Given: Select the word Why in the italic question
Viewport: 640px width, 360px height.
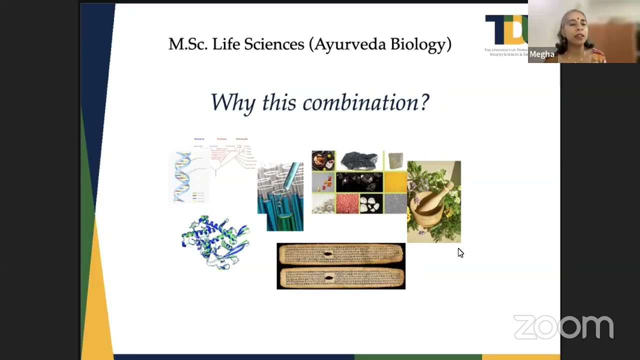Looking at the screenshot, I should pyautogui.click(x=233, y=102).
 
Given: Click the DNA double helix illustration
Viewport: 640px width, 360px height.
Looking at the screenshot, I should pyautogui.click(x=183, y=177).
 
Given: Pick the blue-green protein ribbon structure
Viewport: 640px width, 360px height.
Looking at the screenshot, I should pyautogui.click(x=215, y=243).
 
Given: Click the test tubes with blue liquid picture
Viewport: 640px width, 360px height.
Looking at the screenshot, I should pyautogui.click(x=281, y=196).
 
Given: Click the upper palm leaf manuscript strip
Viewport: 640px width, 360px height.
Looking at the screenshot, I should pyautogui.click(x=341, y=254).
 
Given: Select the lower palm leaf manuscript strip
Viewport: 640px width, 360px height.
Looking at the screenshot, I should pyautogui.click(x=341, y=277).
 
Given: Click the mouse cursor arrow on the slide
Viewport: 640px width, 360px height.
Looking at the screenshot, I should pyautogui.click(x=460, y=252).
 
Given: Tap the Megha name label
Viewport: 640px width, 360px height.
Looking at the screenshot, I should pyautogui.click(x=541, y=54).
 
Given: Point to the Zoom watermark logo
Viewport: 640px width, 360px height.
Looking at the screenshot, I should pyautogui.click(x=563, y=327).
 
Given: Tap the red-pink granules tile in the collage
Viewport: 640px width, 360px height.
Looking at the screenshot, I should pyautogui.click(x=347, y=204).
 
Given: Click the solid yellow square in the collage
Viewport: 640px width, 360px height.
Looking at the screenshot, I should pyautogui.click(x=395, y=182).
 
